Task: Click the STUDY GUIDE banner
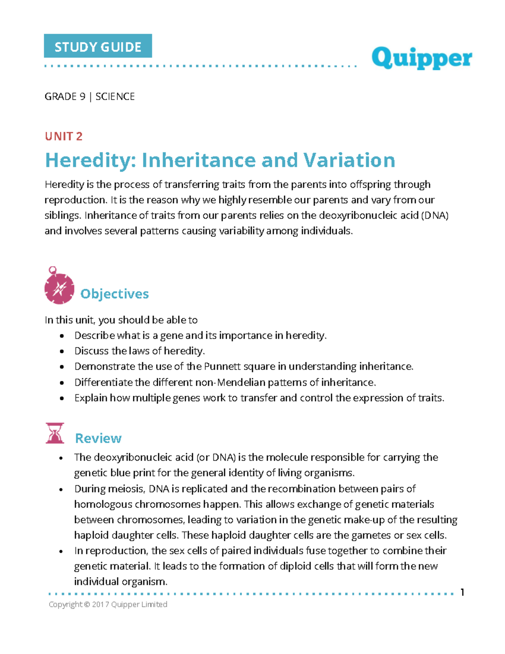98,46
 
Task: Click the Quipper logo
422,58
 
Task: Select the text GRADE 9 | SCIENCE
90,97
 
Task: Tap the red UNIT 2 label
64,136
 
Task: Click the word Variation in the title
349,160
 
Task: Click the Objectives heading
114,294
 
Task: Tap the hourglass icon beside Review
55,433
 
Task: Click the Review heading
98,438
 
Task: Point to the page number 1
462,593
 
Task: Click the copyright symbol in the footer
87,605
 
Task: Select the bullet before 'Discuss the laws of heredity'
62,351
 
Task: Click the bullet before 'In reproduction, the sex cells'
61,551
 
